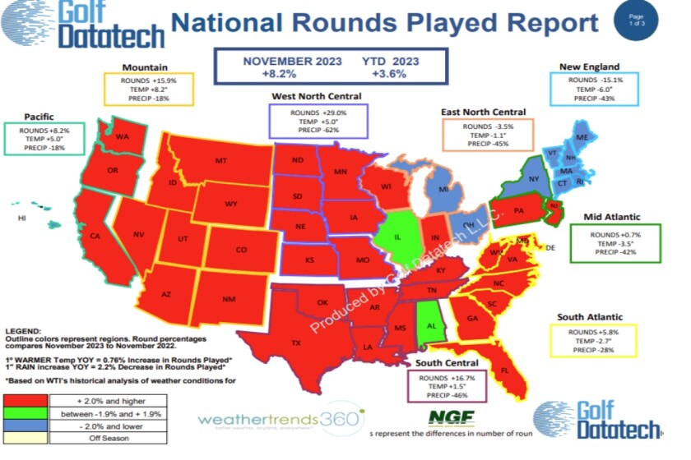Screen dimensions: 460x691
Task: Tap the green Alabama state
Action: point(428,324)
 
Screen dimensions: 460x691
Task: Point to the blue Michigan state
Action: point(444,191)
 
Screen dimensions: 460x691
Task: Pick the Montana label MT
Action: point(220,161)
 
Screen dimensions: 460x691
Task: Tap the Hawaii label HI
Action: point(22,218)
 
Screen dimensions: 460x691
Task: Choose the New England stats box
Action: point(591,89)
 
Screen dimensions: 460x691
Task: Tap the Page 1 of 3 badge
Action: point(636,20)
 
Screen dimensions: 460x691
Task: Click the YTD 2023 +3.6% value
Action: point(392,73)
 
